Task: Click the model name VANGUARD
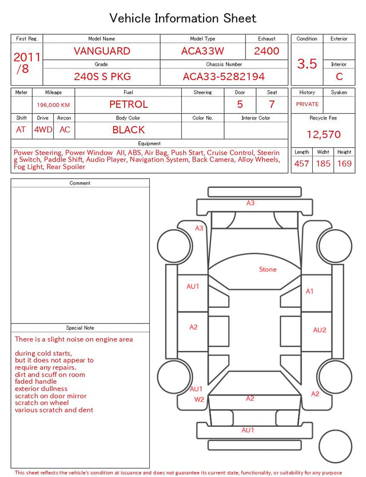102,51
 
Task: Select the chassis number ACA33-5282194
224,77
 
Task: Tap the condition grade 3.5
307,63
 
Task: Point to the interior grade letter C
339,77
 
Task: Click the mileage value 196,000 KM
53,105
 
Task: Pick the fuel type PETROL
129,105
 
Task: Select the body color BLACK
129,130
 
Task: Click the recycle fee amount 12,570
323,134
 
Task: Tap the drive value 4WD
43,130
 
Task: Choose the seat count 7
272,105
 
